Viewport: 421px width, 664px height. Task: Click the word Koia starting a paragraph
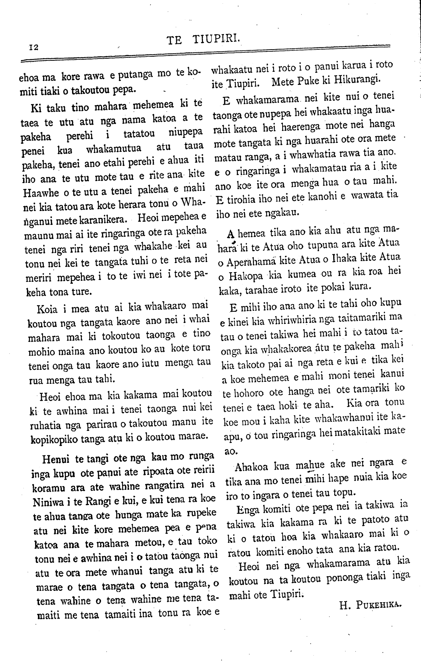48,309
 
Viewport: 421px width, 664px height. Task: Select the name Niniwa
47,502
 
